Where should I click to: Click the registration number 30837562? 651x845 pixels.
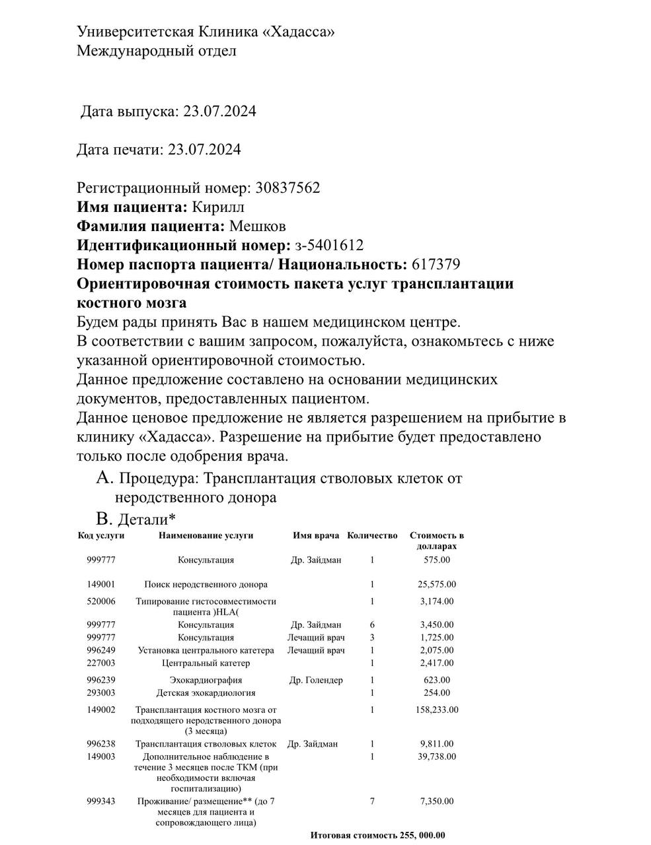click(x=286, y=188)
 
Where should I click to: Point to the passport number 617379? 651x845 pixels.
click(x=436, y=265)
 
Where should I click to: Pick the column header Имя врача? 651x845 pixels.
click(x=316, y=535)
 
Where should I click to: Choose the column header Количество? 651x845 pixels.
click(x=372, y=535)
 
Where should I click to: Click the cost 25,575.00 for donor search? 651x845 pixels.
click(x=436, y=584)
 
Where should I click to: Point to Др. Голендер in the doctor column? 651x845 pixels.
click(x=316, y=680)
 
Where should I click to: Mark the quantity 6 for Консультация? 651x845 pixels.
click(x=372, y=625)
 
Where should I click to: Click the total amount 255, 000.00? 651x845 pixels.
click(x=422, y=835)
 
